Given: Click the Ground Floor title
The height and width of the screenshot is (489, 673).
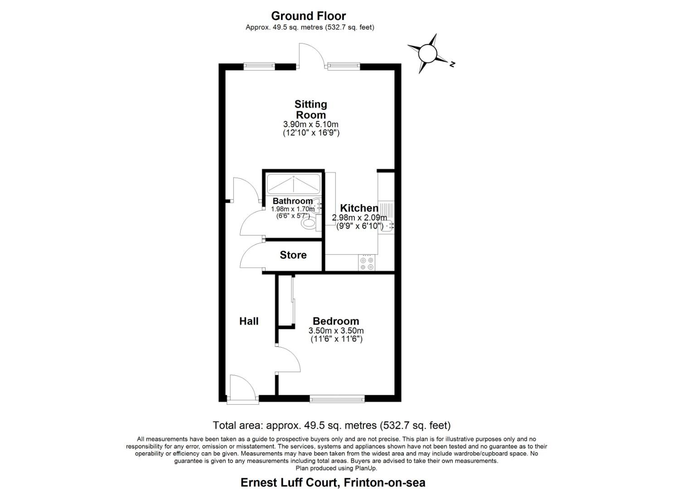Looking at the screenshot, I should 308,16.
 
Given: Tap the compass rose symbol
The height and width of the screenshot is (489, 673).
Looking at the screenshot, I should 427,53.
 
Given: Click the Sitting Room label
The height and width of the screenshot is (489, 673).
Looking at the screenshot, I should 311,110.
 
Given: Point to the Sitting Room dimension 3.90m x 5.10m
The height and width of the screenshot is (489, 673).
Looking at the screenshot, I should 311,125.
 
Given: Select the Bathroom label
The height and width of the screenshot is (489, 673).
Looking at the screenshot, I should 292,201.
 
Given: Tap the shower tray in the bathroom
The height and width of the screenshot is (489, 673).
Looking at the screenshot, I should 294,184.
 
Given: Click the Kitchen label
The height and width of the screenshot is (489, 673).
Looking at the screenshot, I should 359,208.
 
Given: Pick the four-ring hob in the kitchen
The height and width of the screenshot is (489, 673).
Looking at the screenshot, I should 366,263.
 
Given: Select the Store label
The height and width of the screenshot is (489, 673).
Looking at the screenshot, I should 293,255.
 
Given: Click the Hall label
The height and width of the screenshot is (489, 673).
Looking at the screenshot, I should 249,321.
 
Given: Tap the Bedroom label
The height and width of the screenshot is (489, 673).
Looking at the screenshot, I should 336,321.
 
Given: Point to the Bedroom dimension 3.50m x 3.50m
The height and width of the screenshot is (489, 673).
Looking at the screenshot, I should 336,331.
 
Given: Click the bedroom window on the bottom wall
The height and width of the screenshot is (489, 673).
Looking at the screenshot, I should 337,399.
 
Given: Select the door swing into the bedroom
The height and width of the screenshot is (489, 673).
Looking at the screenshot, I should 288,360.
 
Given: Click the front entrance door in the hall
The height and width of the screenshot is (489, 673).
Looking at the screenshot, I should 242,388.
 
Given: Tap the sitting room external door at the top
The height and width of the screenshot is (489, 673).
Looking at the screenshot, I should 311,55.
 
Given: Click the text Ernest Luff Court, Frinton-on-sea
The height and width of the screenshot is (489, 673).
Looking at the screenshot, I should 333,483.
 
